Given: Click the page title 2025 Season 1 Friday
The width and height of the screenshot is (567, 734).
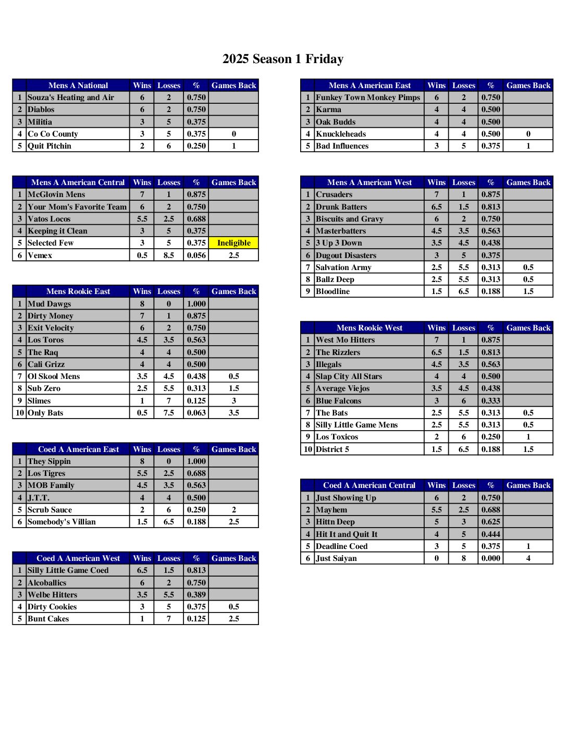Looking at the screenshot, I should (283, 59).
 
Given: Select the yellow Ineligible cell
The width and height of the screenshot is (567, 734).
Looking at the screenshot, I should (233, 243).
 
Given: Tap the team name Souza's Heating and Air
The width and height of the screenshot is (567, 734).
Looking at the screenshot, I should (71, 97).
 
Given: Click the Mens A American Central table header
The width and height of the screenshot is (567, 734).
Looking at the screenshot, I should (78, 182).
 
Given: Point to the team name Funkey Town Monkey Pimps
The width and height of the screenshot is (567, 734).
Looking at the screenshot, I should (368, 97).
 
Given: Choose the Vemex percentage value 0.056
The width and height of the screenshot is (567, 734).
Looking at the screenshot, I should (196, 255).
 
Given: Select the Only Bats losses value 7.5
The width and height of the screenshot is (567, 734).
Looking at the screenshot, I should (169, 413).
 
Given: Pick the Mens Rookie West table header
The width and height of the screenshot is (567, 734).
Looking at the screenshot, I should (369, 328).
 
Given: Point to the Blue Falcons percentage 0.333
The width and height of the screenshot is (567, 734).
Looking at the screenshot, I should (491, 401).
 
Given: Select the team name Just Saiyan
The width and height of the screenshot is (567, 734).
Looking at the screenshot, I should (337, 558).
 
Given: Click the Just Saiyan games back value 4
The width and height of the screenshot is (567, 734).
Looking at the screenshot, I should (528, 558).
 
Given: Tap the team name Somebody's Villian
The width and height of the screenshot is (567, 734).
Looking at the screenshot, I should (62, 522).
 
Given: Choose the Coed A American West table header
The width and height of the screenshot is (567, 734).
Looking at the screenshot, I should (78, 558).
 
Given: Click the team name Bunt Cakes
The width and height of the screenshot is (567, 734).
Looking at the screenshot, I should (48, 619).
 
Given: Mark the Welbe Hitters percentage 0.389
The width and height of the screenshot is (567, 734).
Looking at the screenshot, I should (196, 595).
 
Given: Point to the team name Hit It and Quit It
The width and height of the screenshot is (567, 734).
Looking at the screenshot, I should (347, 534).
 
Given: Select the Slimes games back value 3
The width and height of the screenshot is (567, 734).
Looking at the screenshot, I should (233, 401).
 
